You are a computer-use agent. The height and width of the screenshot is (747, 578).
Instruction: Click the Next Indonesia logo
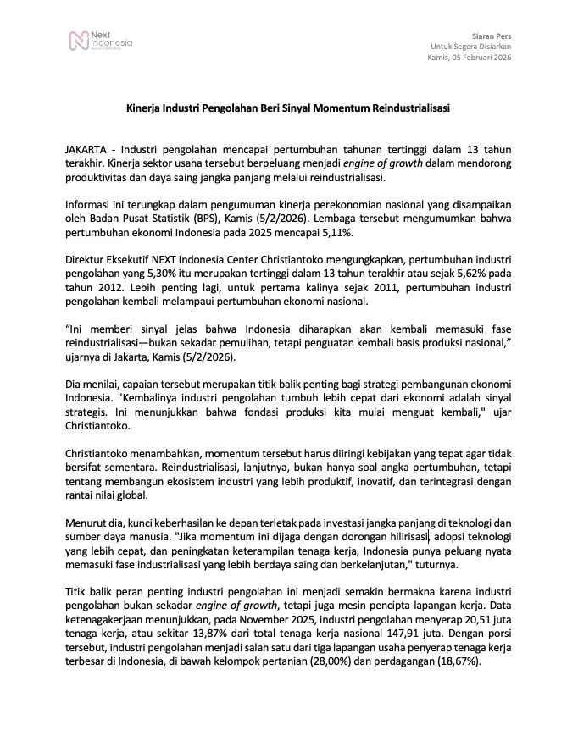coord(100,41)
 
